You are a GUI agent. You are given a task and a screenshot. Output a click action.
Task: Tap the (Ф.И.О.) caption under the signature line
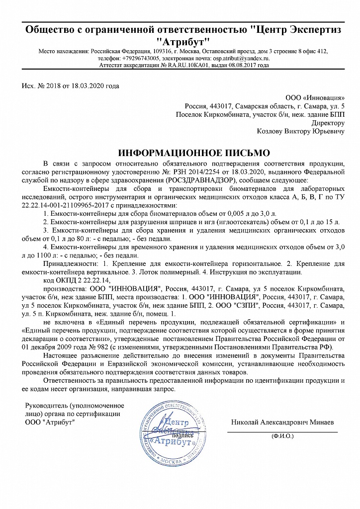click(x=282, y=435)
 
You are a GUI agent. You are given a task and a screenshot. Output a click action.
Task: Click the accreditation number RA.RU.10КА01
click(x=190, y=65)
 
